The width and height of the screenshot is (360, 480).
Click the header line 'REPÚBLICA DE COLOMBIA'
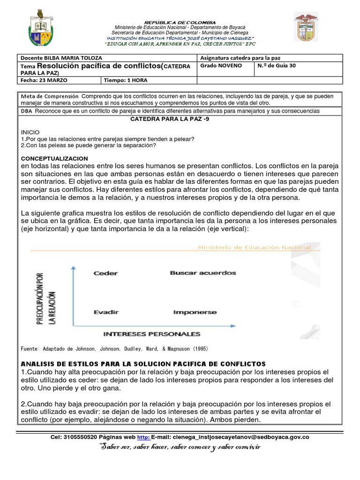coord(180,22)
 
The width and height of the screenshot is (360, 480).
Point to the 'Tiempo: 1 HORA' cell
coord(126,80)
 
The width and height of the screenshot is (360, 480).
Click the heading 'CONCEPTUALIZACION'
coord(54,159)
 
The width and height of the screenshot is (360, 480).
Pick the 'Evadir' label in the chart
coord(105,312)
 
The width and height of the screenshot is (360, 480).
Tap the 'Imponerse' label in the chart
coord(195,312)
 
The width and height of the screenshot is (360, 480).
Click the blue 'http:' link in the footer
coord(143,437)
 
